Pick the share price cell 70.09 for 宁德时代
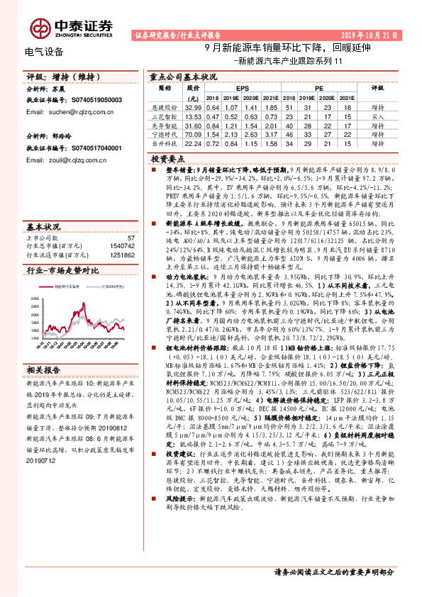click(x=193, y=133)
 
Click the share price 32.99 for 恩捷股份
click(x=193, y=106)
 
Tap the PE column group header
click(x=319, y=88)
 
